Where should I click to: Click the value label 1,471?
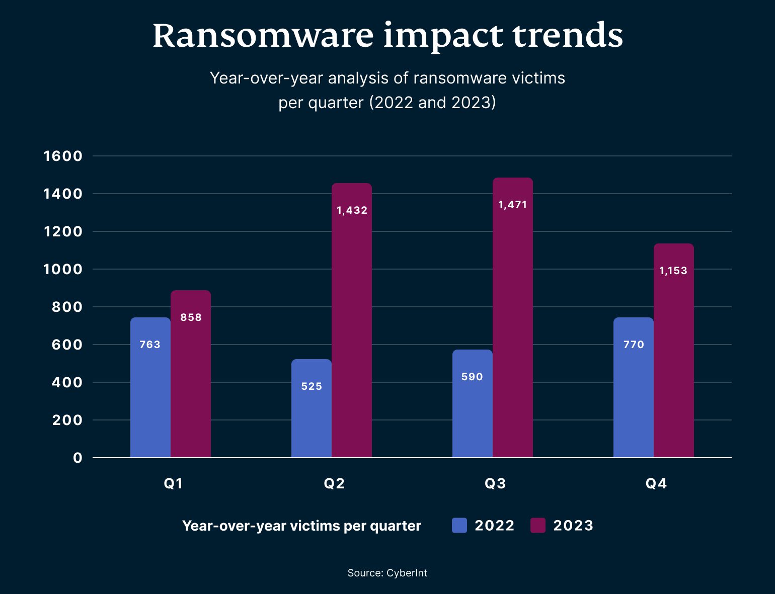tap(512, 205)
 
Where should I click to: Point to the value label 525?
tap(312, 386)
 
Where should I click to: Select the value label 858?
tap(191, 317)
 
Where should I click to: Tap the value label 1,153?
tap(673, 271)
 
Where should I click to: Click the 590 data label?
tap(472, 377)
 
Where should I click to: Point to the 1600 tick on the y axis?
tap(63, 156)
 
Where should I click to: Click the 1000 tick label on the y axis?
tap(63, 269)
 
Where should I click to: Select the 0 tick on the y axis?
tap(77, 458)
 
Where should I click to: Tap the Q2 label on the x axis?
tap(334, 483)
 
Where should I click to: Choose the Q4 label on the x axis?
tap(656, 483)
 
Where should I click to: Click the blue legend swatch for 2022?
tap(459, 526)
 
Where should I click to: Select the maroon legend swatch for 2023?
tap(538, 526)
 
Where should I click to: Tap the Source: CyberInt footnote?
tap(387, 573)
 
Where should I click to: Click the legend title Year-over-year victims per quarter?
tap(301, 526)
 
